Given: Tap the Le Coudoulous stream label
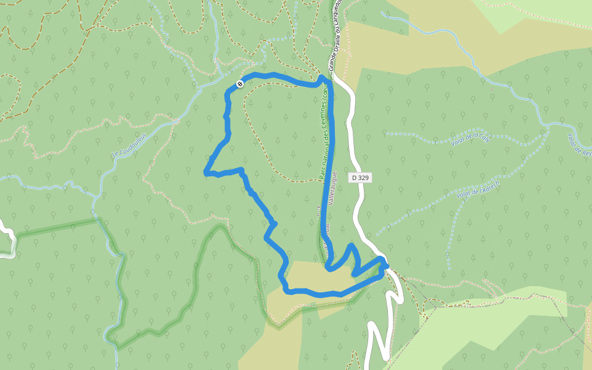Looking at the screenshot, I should [x=130, y=144].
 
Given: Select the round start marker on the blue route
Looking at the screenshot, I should [x=240, y=84].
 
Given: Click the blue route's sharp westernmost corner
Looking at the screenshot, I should [x=206, y=173].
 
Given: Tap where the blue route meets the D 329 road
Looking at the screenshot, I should [x=384, y=266].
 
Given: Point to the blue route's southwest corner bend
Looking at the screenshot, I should [x=286, y=289].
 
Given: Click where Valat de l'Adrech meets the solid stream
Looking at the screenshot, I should [x=548, y=130].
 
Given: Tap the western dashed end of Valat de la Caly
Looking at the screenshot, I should [x=386, y=133].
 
